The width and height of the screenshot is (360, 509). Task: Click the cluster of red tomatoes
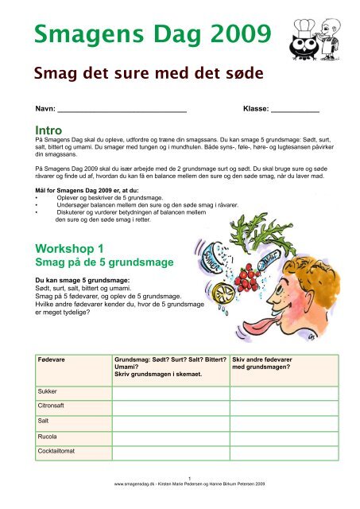250,284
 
